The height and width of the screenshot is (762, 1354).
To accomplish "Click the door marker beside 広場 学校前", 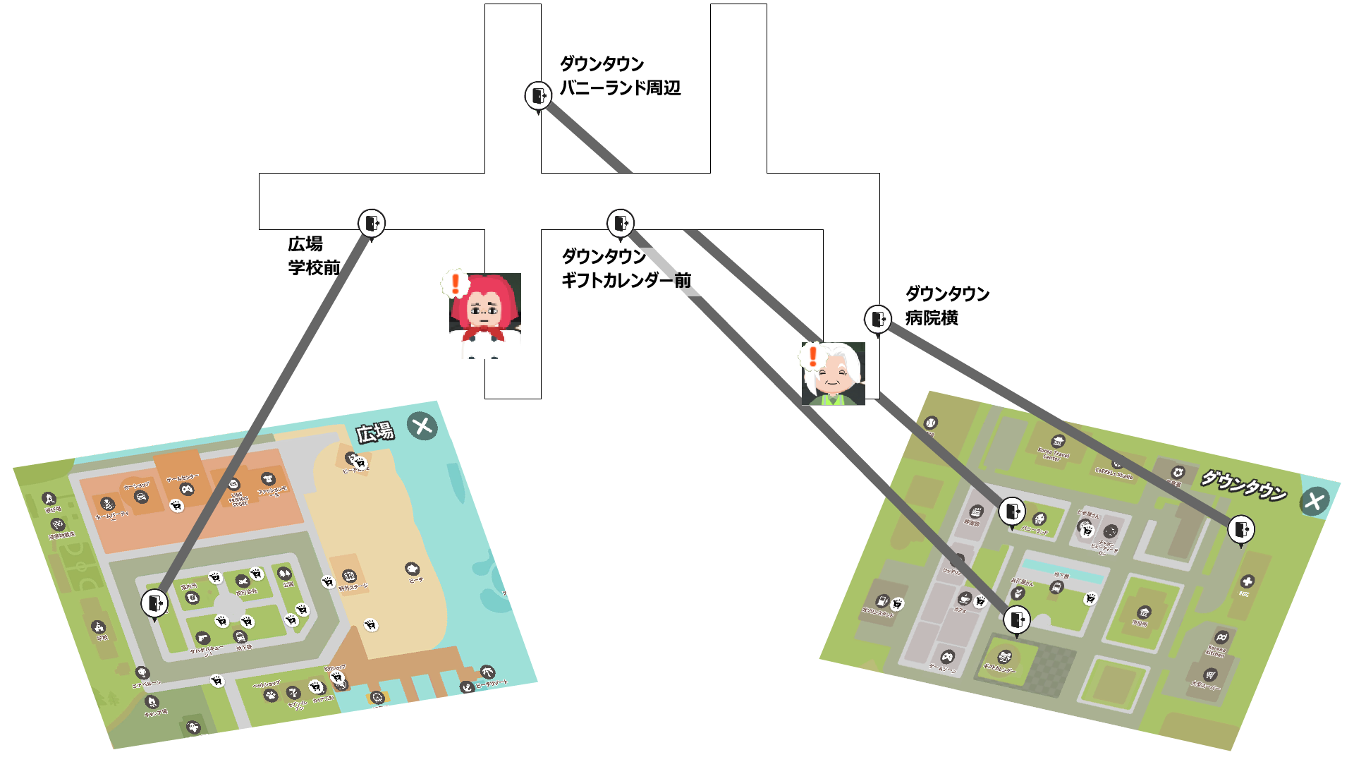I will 371,223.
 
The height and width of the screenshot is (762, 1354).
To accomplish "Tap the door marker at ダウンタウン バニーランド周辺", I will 538,95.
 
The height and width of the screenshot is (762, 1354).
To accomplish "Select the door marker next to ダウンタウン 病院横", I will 877,319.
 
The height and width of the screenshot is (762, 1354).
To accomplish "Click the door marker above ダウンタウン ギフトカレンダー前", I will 621,223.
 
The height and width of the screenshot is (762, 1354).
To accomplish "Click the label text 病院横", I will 932,318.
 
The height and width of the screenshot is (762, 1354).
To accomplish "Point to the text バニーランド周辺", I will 620,87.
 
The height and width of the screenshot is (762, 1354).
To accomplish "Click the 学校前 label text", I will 314,267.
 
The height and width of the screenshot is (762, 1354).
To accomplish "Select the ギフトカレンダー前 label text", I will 626,280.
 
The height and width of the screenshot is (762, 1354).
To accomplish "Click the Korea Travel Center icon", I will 1058,442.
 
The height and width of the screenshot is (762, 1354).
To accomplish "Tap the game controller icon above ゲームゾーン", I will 948,655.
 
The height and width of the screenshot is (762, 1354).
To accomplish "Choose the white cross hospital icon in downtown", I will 1247,581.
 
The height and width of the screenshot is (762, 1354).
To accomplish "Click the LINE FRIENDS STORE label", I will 239,499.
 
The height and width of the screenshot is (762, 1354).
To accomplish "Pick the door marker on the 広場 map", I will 154,603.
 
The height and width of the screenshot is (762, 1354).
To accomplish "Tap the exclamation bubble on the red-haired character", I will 456,284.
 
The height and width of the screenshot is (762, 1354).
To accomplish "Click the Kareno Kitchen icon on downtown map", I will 1221,637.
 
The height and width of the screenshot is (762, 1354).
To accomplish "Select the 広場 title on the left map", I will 374,432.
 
